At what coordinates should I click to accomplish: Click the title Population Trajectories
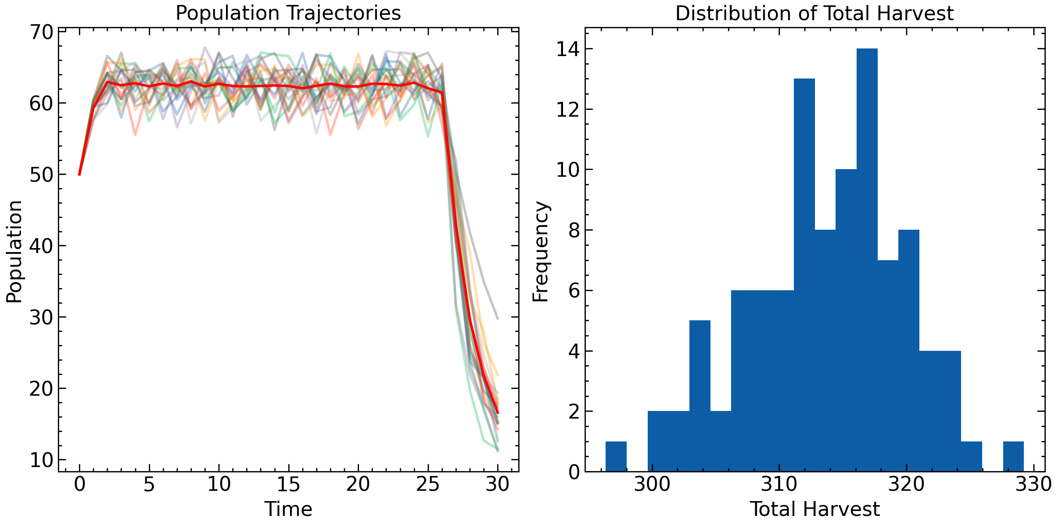[x=288, y=13]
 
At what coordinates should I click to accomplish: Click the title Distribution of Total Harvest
[x=814, y=13]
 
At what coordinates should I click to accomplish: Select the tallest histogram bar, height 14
[x=867, y=260]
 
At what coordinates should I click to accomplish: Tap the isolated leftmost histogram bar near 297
[x=616, y=456]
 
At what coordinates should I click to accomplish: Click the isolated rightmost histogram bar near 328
[x=1013, y=456]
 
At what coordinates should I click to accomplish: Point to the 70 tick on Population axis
[x=41, y=32]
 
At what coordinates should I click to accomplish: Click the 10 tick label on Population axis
[x=41, y=460]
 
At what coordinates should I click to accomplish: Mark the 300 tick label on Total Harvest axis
[x=652, y=485]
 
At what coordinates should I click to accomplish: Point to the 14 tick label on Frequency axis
[x=567, y=49]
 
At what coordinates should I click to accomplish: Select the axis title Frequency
[x=541, y=251]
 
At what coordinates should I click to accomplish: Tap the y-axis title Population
[x=14, y=251]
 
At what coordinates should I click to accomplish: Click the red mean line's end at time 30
[x=498, y=413]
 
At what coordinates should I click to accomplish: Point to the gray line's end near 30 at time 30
[x=498, y=319]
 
